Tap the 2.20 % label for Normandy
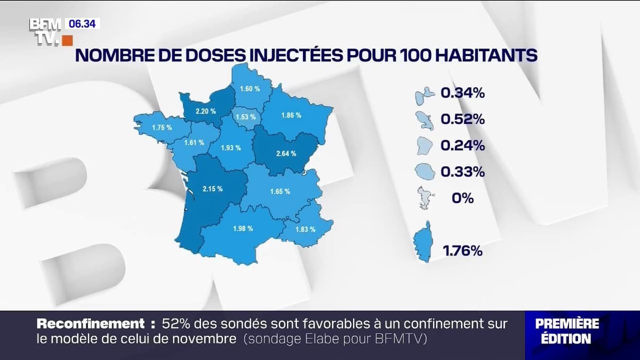pos(205,111)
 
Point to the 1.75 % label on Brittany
pos(162,128)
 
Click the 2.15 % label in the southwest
pos(212,189)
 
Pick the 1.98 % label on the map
pos(243,229)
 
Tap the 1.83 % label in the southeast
pos(305,229)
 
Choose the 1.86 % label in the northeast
pos(291,115)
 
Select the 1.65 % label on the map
pos(280,191)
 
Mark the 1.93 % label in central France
pos(231,148)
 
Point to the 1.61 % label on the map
pos(194,142)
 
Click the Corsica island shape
pos(422,242)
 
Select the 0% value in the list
pos(462,198)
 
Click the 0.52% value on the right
pos(462,119)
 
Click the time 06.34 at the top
pos(82,24)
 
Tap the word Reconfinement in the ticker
pos(91,324)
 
